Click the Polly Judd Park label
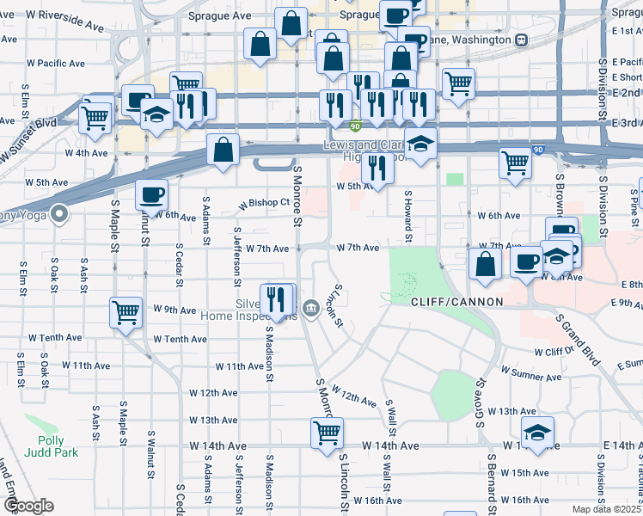coord(58,445)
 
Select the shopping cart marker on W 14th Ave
coord(327,433)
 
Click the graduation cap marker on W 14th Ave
coord(537,433)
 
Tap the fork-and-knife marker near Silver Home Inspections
coord(275,298)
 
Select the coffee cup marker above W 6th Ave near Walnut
coord(151,194)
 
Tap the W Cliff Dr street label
coord(553,352)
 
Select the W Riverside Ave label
coord(65,21)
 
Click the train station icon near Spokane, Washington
coord(521,40)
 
